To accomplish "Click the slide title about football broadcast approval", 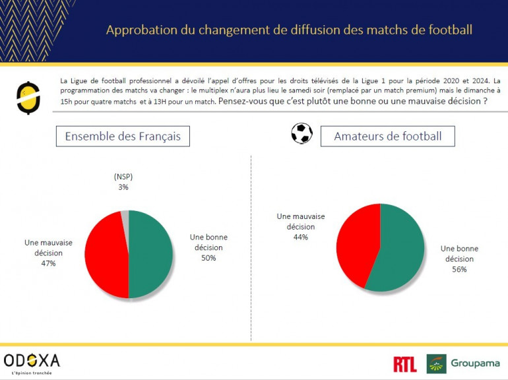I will [289, 30].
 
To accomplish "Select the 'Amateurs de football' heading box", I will [387, 137].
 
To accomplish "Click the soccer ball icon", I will [302, 133].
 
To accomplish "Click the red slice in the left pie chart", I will [104, 254].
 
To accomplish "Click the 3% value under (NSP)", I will [123, 187].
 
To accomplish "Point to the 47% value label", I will [48, 263].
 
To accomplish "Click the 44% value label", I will [301, 237].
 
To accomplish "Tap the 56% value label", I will [459, 269].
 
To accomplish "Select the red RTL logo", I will [404, 364].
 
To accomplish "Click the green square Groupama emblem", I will [436, 364].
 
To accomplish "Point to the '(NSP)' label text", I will [123, 177].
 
